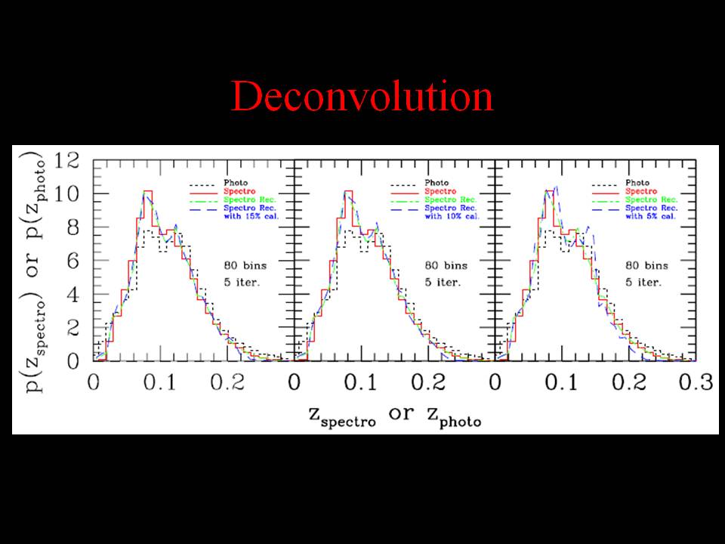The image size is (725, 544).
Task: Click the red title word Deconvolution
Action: (x=362, y=97)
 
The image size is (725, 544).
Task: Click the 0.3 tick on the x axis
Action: (x=695, y=382)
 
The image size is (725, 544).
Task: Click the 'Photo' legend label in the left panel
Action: (x=234, y=183)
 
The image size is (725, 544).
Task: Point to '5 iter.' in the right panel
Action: (x=643, y=283)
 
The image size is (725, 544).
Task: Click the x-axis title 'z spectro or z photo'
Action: (x=394, y=415)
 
